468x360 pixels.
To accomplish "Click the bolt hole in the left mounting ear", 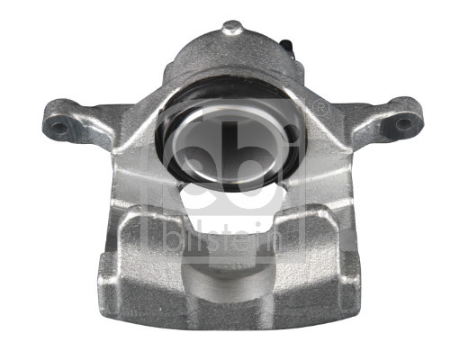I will (x=60, y=127).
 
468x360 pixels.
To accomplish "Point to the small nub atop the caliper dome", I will (x=232, y=28).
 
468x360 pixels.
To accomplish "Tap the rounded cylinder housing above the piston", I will (x=232, y=63).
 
